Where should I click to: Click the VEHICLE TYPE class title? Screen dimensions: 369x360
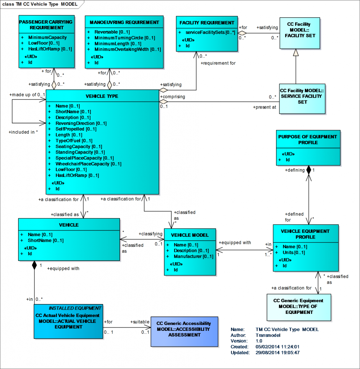tap(102, 96)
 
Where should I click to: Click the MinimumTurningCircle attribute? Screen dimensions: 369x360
tap(119, 38)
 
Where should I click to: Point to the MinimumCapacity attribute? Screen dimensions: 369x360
tap(48, 37)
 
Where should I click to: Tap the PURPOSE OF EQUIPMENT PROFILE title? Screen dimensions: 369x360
tap(307, 139)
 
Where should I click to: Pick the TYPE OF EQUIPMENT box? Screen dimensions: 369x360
tap(298, 306)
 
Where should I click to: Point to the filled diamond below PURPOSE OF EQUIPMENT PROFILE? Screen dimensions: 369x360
tap(308, 170)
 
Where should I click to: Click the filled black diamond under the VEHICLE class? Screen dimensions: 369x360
tap(34, 266)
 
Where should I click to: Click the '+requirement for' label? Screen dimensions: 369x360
tap(218, 63)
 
